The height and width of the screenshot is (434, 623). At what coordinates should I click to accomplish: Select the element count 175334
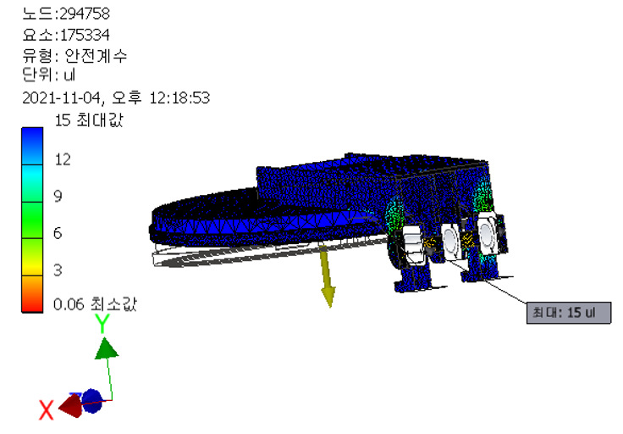(85, 35)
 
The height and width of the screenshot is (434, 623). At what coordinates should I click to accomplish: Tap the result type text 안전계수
(96, 56)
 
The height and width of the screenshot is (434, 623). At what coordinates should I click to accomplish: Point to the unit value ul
(69, 75)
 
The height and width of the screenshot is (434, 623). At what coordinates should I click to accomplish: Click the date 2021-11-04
(61, 97)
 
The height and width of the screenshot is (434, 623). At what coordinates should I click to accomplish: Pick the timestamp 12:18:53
(179, 97)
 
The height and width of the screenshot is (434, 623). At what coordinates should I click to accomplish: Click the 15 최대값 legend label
(89, 120)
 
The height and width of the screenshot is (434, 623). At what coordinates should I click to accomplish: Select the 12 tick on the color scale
(63, 159)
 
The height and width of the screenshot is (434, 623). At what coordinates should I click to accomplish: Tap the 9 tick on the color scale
(58, 196)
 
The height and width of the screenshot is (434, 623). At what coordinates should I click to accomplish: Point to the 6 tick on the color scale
(58, 233)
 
